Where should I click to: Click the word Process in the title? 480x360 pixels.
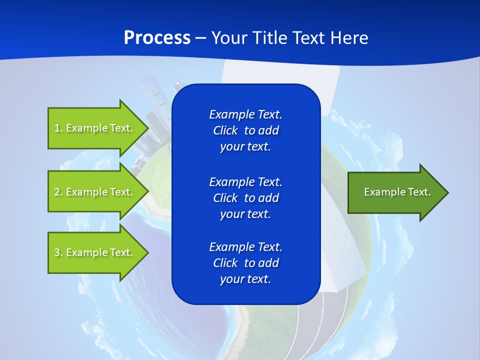click(157, 38)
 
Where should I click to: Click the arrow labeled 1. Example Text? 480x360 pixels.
click(93, 128)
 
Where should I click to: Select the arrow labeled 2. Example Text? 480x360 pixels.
click(93, 192)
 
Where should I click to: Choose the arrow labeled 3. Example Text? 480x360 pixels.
click(93, 252)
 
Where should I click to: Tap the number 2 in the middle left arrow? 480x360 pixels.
click(57, 192)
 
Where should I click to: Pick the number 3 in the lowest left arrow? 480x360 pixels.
click(57, 252)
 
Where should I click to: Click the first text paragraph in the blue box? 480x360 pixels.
click(245, 130)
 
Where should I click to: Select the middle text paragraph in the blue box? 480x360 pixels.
click(245, 197)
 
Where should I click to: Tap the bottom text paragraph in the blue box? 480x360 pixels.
click(245, 263)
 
